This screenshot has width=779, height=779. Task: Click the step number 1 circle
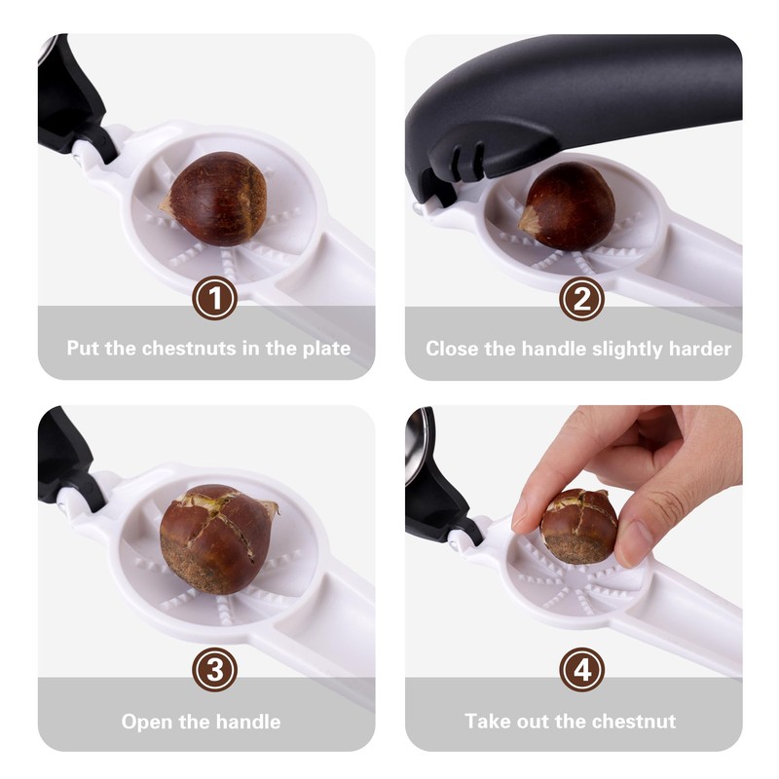214,299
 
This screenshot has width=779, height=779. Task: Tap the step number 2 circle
581,299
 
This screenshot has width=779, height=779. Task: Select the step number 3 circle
214,670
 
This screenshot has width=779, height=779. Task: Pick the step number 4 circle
581,670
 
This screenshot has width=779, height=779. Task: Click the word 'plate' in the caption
322,348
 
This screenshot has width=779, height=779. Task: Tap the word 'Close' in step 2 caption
454,348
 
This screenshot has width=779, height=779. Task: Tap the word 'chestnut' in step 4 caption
637,722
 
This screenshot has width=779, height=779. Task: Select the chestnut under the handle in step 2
570,206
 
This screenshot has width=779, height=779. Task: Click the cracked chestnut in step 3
216,538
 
